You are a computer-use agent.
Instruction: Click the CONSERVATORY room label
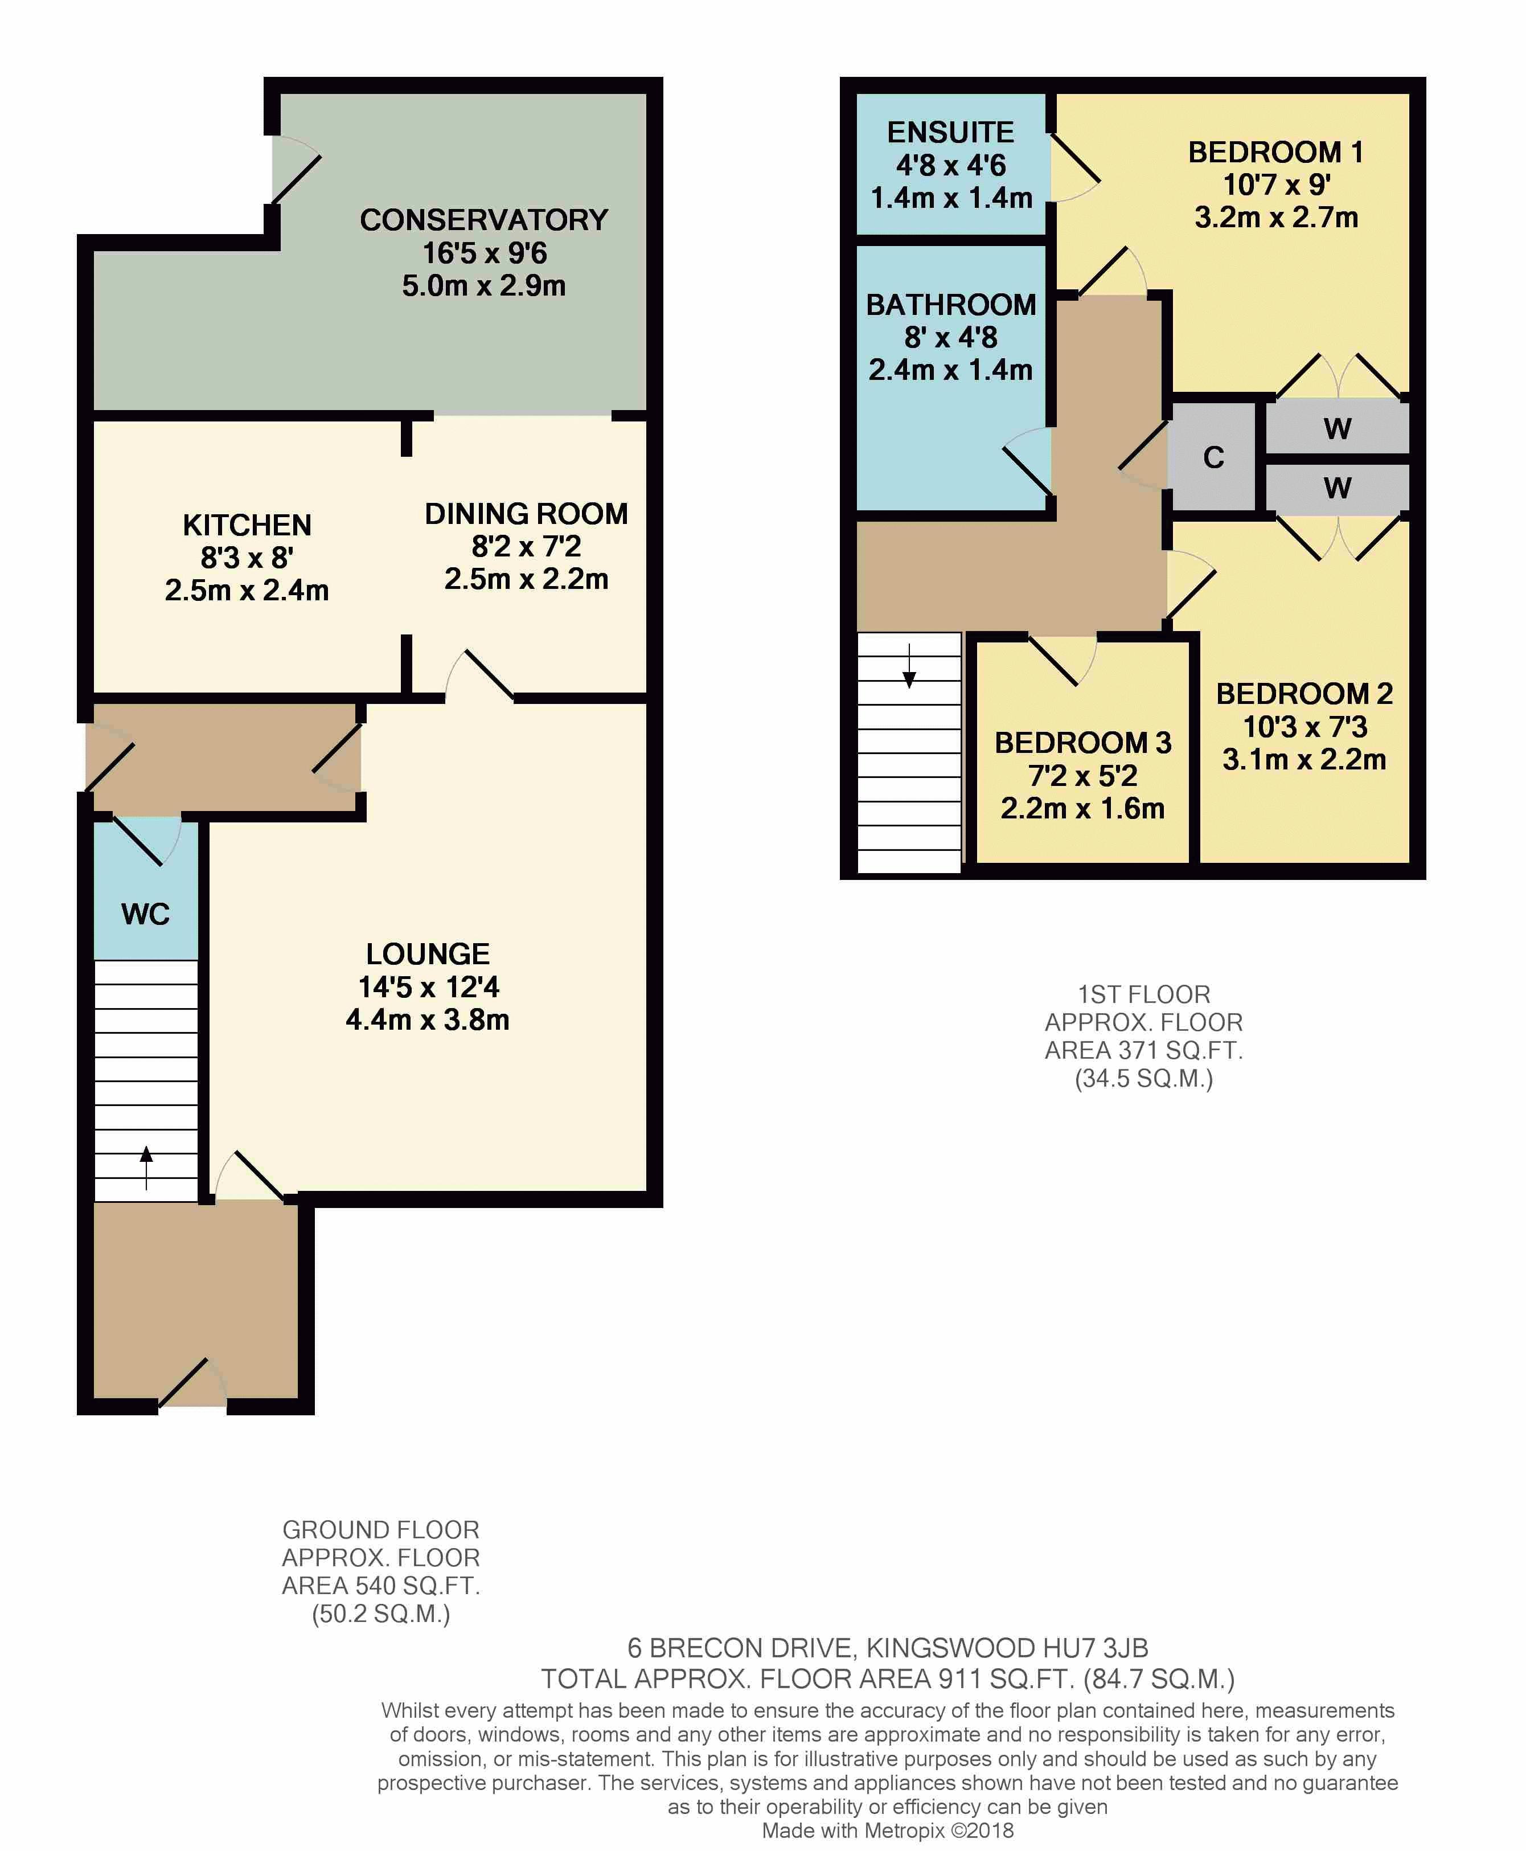click(x=483, y=220)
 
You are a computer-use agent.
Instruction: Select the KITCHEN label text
click(x=247, y=525)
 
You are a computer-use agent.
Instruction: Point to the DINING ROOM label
click(x=527, y=514)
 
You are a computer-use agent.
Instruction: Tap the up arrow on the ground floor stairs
click(x=146, y=1168)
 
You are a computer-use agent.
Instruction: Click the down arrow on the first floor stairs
click(x=909, y=666)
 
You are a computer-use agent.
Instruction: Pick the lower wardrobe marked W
click(x=1337, y=487)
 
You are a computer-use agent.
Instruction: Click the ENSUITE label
click(x=950, y=132)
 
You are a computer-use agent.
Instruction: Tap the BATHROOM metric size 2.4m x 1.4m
click(x=950, y=370)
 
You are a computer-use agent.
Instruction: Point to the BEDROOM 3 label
click(x=1083, y=743)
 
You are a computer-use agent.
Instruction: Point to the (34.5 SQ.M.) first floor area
click(x=1143, y=1079)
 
